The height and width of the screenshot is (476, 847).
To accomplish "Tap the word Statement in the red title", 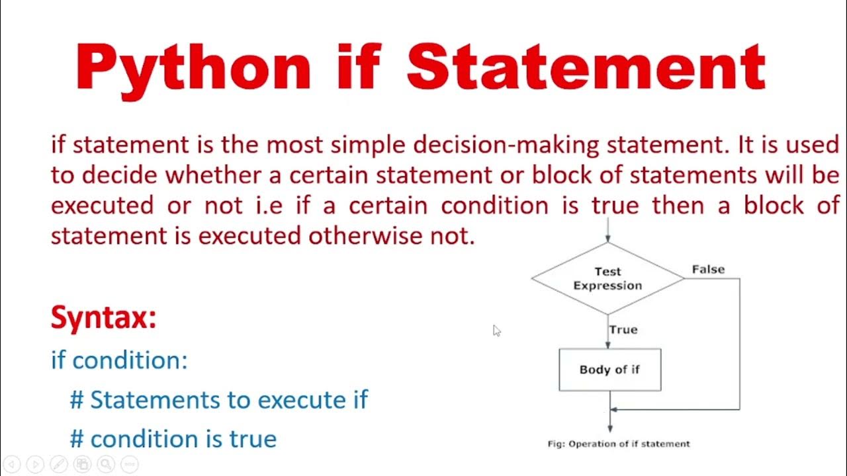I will (x=586, y=67).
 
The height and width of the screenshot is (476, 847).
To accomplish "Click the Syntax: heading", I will (x=104, y=318).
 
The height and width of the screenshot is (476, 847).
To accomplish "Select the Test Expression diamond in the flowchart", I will (x=607, y=278).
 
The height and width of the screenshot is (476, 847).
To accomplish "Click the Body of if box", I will (x=609, y=370).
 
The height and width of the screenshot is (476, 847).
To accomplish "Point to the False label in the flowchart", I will (x=708, y=269).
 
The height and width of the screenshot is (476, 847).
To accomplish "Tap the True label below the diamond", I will (x=623, y=329).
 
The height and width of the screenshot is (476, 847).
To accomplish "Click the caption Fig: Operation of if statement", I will (x=619, y=444).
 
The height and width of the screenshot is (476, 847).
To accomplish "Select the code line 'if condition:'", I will (x=119, y=360).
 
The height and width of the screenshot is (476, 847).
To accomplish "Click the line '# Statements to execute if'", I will (x=218, y=400).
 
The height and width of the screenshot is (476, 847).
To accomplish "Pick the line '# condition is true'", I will (x=173, y=439).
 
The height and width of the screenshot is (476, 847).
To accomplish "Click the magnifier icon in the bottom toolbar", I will (x=106, y=464).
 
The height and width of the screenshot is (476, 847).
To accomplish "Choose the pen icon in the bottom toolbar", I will (x=58, y=464).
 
